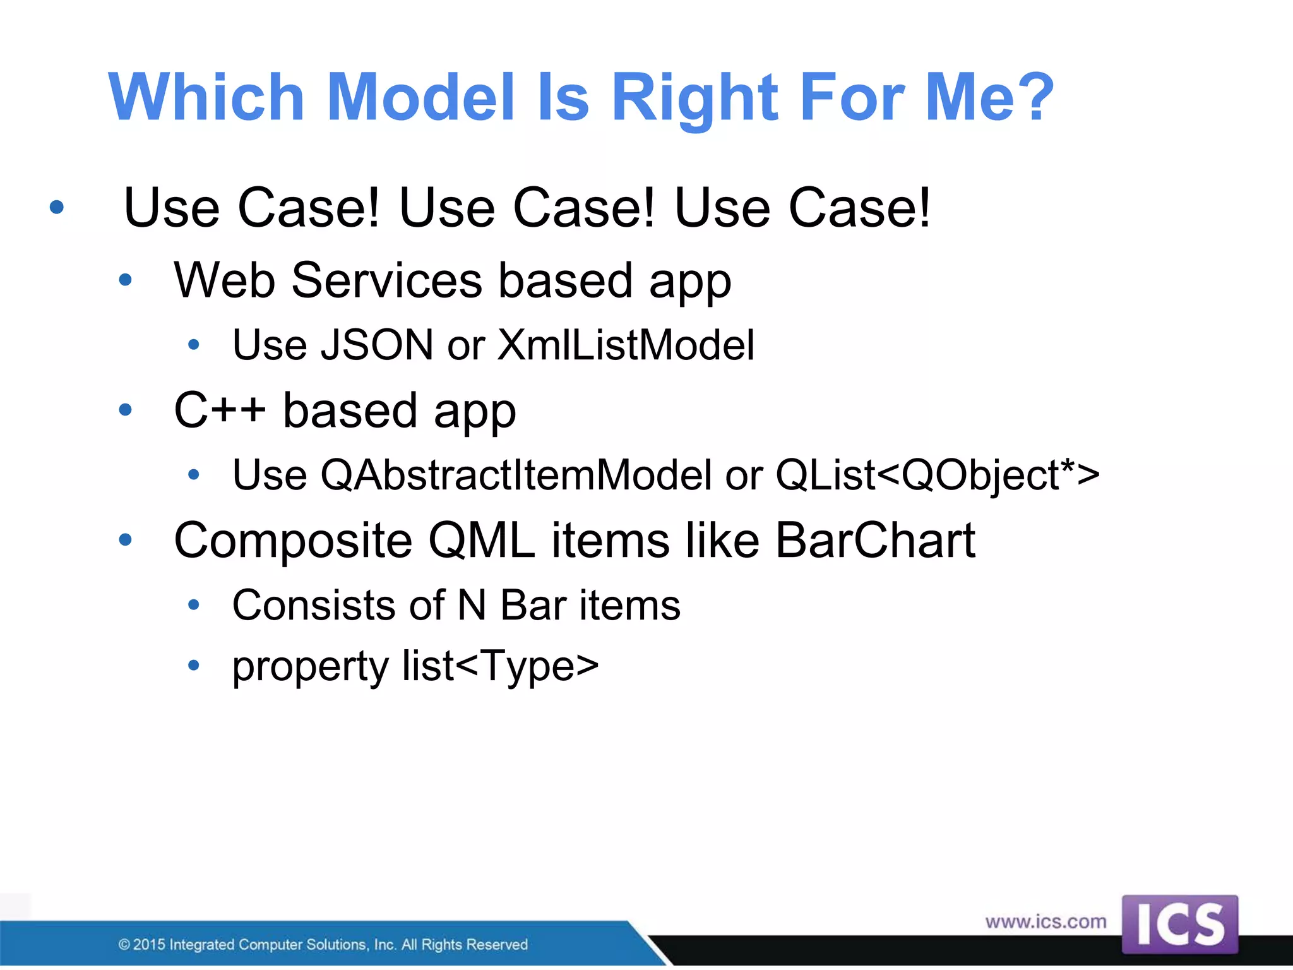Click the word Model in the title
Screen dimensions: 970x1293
[421, 98]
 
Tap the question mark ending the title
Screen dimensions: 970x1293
[1033, 98]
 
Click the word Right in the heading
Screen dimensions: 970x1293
[696, 98]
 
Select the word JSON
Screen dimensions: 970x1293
[377, 345]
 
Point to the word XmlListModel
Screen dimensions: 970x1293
[626, 345]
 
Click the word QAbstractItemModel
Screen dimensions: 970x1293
[516, 475]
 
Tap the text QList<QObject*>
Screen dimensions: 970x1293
[937, 475]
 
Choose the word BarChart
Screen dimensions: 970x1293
[875, 541]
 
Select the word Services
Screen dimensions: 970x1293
[386, 280]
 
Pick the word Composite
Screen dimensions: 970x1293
[293, 542]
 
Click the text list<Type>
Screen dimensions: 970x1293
[500, 666]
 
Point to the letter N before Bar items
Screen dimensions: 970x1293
[472, 605]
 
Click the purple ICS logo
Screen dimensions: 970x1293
[1179, 925]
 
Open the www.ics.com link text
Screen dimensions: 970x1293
[1046, 922]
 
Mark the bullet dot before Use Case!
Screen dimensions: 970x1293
[57, 207]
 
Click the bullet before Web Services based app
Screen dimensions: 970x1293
[126, 280]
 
